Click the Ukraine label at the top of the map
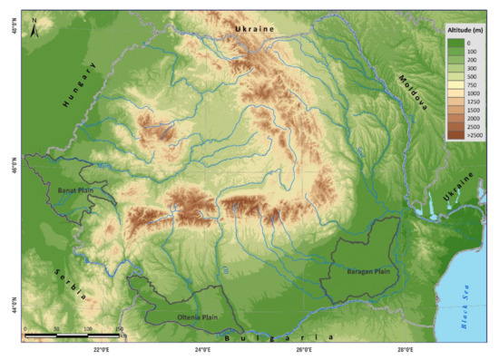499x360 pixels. pos(253,30)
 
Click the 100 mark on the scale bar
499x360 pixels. pos(88,328)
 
